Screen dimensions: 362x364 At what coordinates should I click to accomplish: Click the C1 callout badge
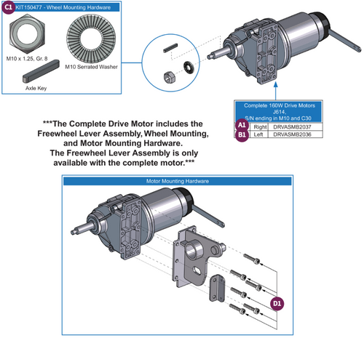click(7, 7)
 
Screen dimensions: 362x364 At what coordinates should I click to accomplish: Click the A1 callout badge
click(241, 126)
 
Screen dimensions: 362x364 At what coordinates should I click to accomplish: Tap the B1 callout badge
click(241, 135)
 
